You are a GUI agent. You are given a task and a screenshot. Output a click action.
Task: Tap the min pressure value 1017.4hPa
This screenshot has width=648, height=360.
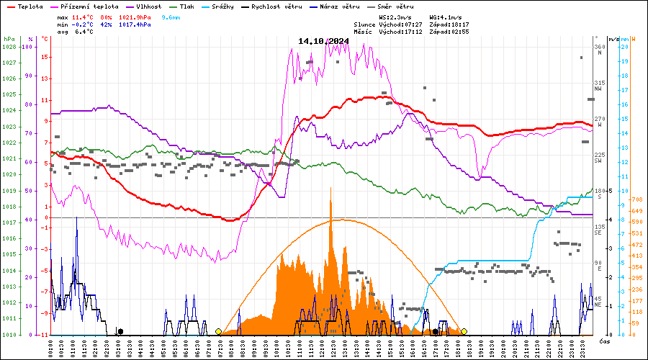(135, 24)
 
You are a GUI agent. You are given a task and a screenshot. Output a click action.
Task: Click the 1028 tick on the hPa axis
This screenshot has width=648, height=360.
(9, 47)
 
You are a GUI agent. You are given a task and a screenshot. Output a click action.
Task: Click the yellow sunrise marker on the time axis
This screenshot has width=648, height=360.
(218, 331)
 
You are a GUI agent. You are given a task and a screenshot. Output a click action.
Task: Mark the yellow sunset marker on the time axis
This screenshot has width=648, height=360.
(464, 331)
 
